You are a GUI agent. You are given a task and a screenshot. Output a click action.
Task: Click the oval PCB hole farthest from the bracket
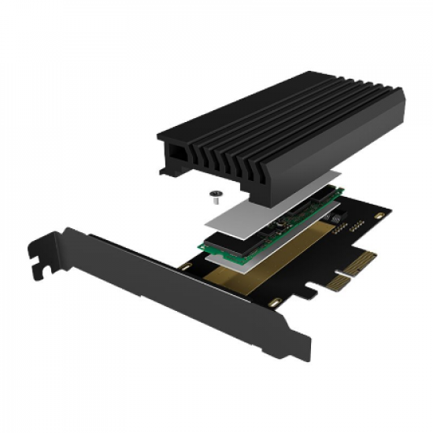(x=380, y=213)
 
